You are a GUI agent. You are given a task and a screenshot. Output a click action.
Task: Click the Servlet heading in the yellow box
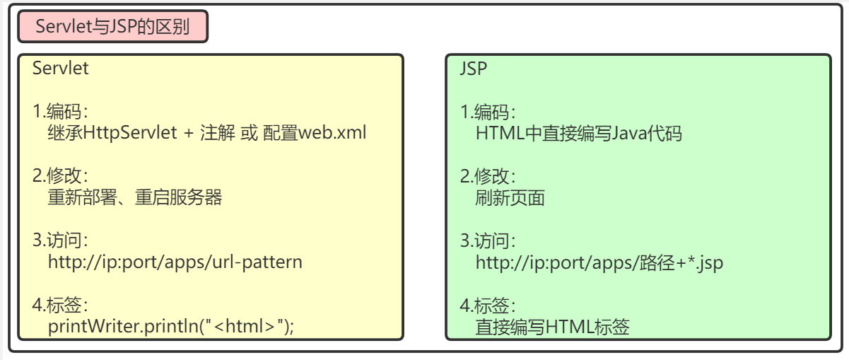point(60,69)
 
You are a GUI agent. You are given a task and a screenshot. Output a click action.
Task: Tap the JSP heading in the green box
point(474,69)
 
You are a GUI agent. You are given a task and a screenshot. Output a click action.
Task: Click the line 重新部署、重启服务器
point(134,197)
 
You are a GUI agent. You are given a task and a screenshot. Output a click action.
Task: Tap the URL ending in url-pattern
point(175,262)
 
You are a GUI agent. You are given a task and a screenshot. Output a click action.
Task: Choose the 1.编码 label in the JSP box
point(488,112)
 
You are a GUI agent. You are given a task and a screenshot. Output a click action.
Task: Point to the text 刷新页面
point(510,198)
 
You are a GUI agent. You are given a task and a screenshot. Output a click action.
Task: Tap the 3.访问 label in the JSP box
point(488,241)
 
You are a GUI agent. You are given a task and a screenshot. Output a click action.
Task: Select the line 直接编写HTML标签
point(552,327)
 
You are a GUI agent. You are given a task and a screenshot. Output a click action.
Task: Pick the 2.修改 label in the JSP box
point(488,176)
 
